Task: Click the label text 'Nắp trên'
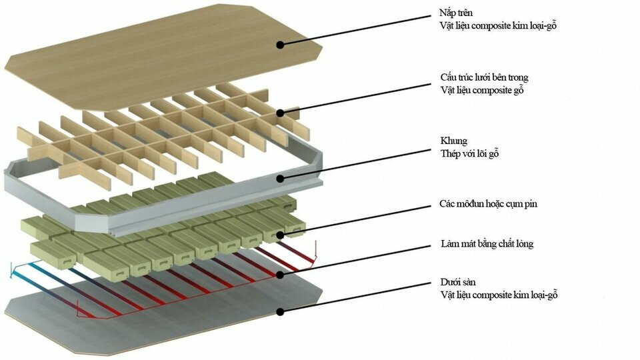pyautogui.click(x=456, y=13)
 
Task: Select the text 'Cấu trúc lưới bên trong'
pyautogui.click(x=484, y=77)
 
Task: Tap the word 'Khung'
pyautogui.click(x=453, y=141)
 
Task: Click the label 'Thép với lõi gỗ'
pyautogui.click(x=469, y=153)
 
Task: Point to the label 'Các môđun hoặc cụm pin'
pyautogui.click(x=488, y=204)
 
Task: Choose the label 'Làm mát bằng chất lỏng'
pyautogui.click(x=487, y=244)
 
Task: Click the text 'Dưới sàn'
pyautogui.click(x=457, y=282)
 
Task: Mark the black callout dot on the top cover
pyautogui.click(x=280, y=45)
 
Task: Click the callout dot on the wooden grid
pyautogui.click(x=280, y=113)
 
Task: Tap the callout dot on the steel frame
pyautogui.click(x=280, y=179)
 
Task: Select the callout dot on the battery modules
pyautogui.click(x=280, y=235)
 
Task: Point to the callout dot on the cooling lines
pyautogui.click(x=280, y=275)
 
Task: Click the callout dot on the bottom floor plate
pyautogui.click(x=280, y=312)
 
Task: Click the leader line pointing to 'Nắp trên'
pyautogui.click(x=355, y=30)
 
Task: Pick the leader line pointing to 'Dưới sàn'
pyautogui.click(x=355, y=297)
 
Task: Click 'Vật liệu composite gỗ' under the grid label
pyautogui.click(x=481, y=90)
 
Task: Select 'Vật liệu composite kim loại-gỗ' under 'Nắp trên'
pyautogui.click(x=499, y=25)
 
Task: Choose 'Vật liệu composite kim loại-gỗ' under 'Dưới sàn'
pyautogui.click(x=499, y=295)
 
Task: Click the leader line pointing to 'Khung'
pyautogui.click(x=355, y=164)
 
